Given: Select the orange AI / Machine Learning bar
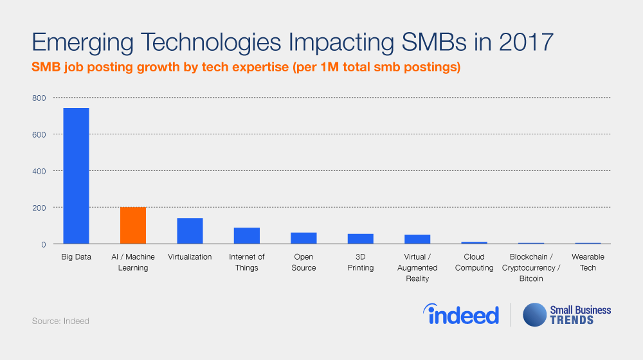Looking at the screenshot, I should pos(133,226).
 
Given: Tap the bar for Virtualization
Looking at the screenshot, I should pos(190,231).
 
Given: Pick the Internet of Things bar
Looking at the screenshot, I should pos(246,236).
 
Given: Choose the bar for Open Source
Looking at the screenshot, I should pos(303,239).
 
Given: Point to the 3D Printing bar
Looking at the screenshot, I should pos(360,239).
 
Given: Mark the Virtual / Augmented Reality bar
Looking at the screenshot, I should pos(417,239).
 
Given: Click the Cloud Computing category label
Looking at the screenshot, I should pos(474,262).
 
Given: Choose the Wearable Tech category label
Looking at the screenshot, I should pos(588,262).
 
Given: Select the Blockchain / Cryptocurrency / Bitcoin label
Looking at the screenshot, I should pos(531,267).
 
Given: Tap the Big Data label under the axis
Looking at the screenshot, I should pos(77,257).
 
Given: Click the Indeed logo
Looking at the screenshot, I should pos(461,314).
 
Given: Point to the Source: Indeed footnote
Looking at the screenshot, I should pos(60,321).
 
